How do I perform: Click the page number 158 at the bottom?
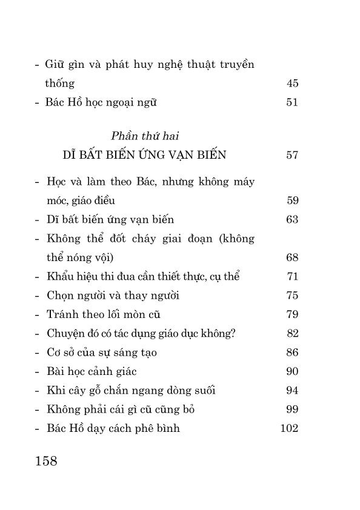click(46, 462)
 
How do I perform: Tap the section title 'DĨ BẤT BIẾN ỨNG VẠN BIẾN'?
click(144, 155)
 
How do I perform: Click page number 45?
click(292, 83)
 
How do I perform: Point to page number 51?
click(292, 102)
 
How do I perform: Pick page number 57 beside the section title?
click(292, 155)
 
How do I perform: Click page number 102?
click(289, 429)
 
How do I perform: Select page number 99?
click(292, 409)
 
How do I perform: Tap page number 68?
click(292, 258)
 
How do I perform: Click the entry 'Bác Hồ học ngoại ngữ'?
click(101, 102)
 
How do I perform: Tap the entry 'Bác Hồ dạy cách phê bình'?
click(113, 429)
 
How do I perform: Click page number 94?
click(292, 391)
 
